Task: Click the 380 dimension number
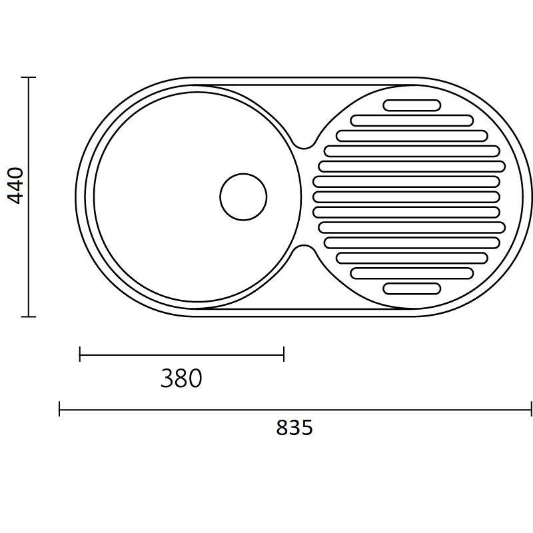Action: tap(181, 378)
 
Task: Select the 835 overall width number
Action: tap(294, 427)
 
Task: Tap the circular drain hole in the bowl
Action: tap(243, 197)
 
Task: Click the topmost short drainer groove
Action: tap(412, 105)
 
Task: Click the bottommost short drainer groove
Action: tap(412, 288)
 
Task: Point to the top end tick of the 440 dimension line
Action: tap(28, 77)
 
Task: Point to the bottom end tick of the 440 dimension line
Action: tap(28, 316)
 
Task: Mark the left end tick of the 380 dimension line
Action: tap(79, 354)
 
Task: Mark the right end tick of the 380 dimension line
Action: tap(284, 354)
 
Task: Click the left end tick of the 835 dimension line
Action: tap(59, 408)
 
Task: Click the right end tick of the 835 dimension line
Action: tap(531, 408)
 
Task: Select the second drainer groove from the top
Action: tap(412, 121)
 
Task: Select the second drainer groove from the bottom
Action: tap(412, 273)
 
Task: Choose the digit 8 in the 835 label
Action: tap(282, 427)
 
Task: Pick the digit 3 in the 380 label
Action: tap(167, 378)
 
